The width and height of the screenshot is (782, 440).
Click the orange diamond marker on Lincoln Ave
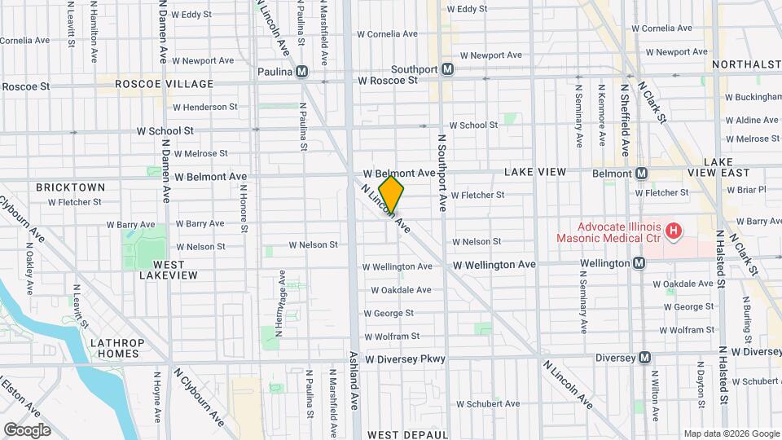point(392,195)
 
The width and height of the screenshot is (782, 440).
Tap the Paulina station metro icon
point(302,72)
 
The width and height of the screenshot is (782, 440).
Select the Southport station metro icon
point(447,70)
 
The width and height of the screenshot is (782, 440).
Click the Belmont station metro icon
point(642,174)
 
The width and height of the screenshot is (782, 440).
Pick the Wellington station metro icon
point(639,263)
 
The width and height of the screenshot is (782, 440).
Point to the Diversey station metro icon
point(644,357)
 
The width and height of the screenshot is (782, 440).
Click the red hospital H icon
point(674,232)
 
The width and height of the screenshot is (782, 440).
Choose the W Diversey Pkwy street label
point(406,359)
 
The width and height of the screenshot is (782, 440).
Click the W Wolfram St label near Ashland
point(392,336)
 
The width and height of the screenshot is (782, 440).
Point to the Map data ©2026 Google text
point(730,433)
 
